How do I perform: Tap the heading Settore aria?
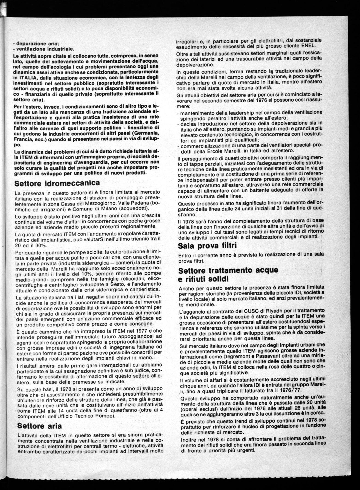pos(39,426)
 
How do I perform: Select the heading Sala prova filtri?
pos(207,246)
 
